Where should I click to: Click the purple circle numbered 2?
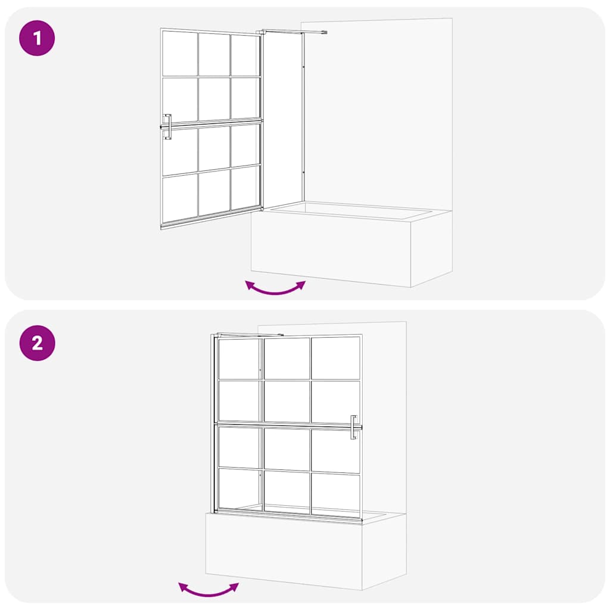(x=37, y=343)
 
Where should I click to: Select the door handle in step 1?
(x=167, y=127)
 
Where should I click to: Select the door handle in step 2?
(x=354, y=427)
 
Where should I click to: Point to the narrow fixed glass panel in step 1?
(x=282, y=119)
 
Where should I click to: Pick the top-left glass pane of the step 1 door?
(x=179, y=53)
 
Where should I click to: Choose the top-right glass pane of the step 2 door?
(x=335, y=358)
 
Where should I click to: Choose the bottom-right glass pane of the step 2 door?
(x=335, y=491)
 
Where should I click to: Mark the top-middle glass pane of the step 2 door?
(x=287, y=358)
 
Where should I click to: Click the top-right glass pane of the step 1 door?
(x=245, y=55)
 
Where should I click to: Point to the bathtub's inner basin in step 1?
(x=351, y=210)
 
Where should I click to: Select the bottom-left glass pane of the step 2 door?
(x=238, y=489)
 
